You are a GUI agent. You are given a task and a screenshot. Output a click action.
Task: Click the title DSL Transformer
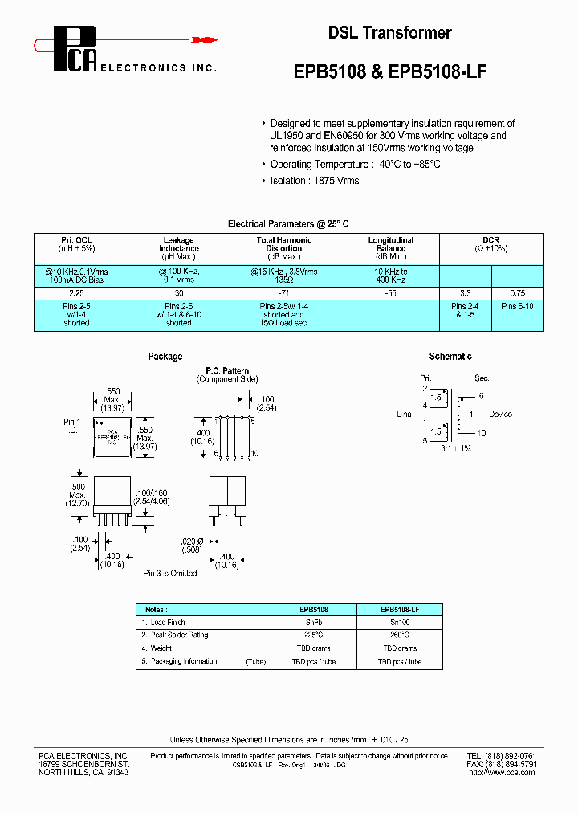389,33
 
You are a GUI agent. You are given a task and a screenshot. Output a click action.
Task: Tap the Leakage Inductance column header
178,244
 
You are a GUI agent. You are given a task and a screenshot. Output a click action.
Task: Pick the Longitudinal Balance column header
391,244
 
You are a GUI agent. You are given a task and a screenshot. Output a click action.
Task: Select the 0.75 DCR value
518,294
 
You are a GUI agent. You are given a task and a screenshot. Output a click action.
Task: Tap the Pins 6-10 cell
518,306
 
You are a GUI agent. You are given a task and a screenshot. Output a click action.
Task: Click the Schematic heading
450,356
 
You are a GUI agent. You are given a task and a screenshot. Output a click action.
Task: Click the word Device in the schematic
500,415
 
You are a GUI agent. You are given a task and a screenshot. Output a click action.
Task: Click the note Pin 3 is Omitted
170,573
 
